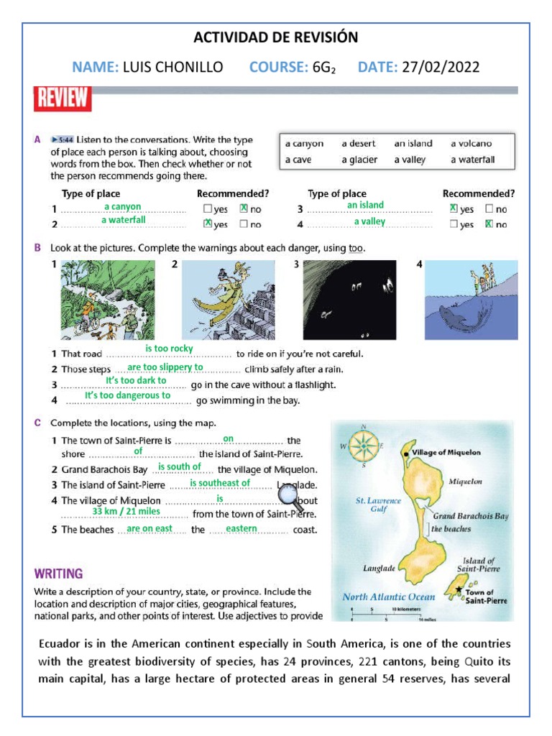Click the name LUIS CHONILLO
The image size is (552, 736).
click(172, 68)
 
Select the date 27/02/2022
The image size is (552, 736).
click(441, 68)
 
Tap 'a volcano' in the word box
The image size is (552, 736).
click(471, 144)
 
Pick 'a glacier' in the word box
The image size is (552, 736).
click(359, 160)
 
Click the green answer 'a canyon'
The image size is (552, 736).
click(122, 207)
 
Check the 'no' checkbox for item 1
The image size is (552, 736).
click(244, 208)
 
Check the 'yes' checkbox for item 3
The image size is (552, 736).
click(453, 208)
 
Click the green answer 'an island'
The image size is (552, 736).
click(365, 206)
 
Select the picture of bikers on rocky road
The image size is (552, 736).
click(97, 300)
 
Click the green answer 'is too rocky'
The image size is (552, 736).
click(169, 349)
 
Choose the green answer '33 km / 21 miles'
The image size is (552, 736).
click(126, 511)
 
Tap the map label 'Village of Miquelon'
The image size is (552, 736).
click(446, 453)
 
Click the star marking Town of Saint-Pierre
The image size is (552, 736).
click(459, 590)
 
